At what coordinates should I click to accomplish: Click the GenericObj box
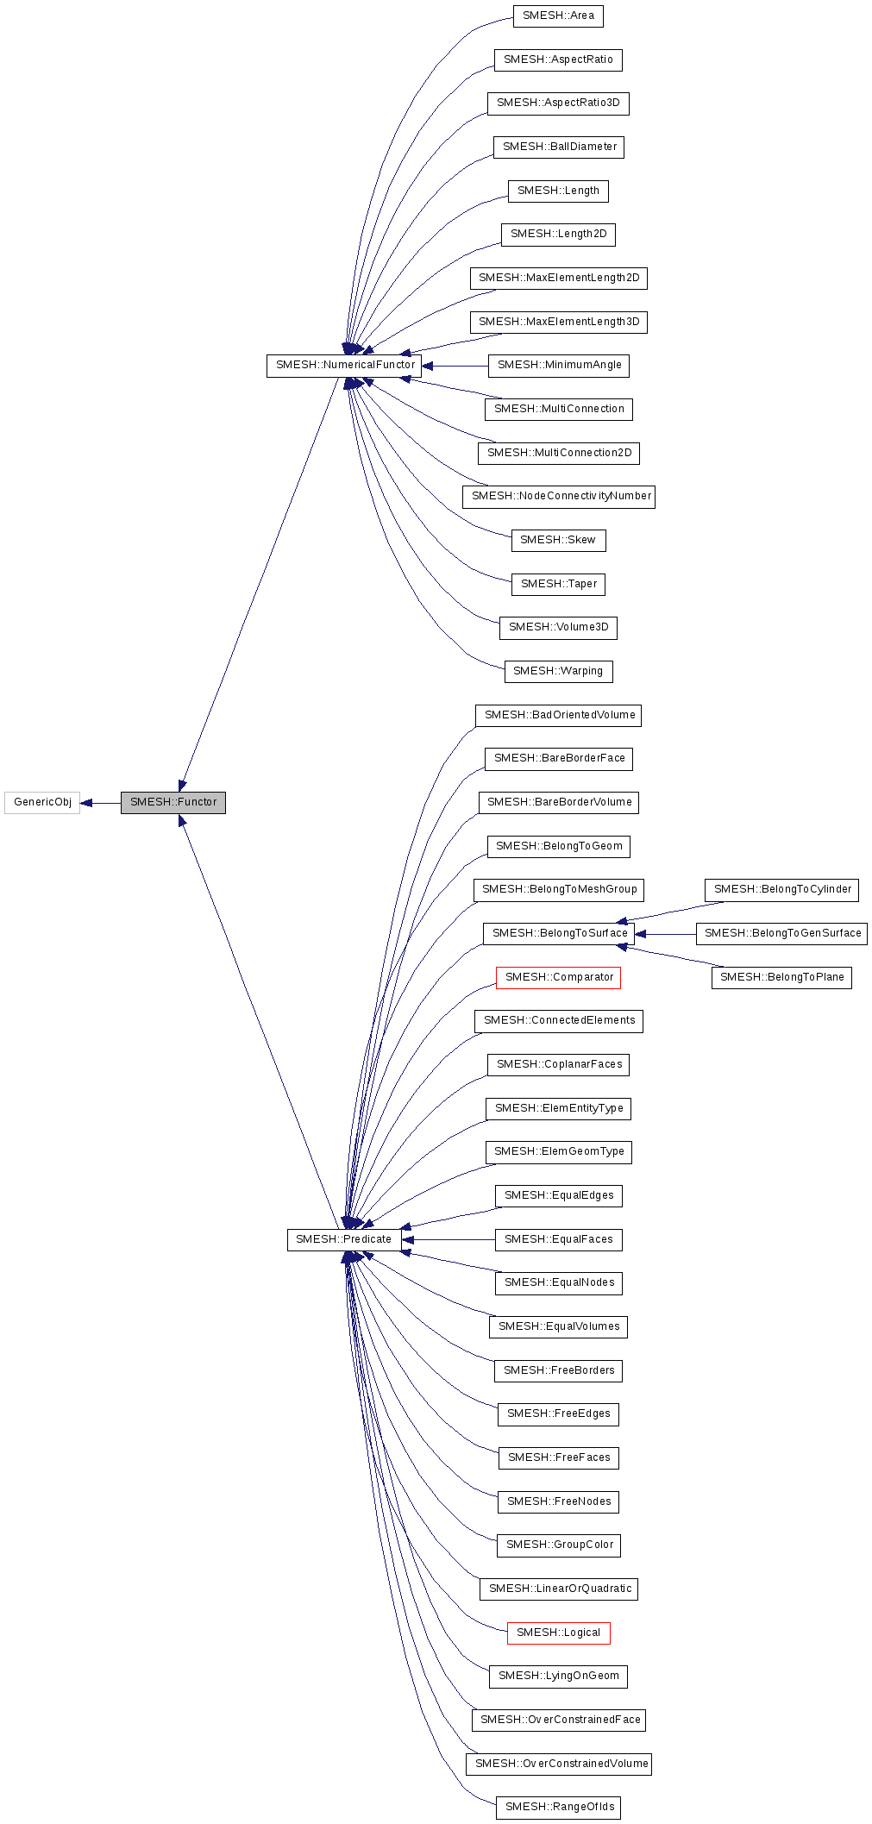click(x=42, y=803)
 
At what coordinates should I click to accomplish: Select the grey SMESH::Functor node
click(x=173, y=803)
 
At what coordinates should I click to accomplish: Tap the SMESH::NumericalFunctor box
click(x=344, y=366)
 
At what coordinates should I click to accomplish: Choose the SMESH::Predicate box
click(x=343, y=1240)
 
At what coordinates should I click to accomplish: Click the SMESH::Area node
click(x=558, y=16)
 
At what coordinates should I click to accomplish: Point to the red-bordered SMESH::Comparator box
click(x=558, y=978)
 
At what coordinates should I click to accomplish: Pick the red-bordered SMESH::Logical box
click(x=558, y=1633)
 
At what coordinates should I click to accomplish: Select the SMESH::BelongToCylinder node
click(x=781, y=890)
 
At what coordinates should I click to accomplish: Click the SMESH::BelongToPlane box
click(x=781, y=978)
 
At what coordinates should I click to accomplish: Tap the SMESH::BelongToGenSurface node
click(x=781, y=934)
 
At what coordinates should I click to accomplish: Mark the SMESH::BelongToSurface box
click(x=559, y=934)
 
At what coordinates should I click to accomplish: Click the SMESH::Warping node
click(x=558, y=672)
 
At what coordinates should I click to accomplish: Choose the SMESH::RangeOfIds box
click(x=559, y=1808)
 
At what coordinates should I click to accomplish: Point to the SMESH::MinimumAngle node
click(x=559, y=366)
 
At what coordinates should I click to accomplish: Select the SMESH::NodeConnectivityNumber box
click(x=559, y=497)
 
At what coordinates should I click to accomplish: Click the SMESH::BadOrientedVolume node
click(x=559, y=716)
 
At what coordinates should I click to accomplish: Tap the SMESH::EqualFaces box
click(x=559, y=1240)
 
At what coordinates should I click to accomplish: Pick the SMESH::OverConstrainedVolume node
click(x=559, y=1764)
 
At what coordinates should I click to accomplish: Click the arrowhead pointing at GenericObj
click(x=86, y=803)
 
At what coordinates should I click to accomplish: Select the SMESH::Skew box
click(x=558, y=541)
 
